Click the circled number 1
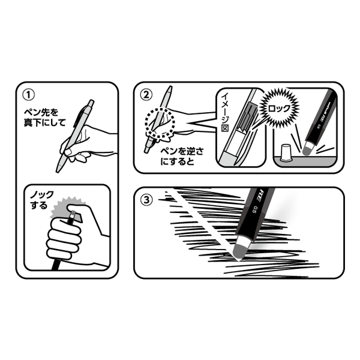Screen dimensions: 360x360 pos(28,95)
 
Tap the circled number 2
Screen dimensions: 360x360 pos(146,95)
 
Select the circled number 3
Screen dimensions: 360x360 pos(146,200)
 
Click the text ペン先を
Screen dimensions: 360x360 pos(41,112)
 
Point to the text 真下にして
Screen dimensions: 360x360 pos(45,122)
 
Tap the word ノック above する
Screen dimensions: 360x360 pos(42,195)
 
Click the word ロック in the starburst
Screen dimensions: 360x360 pos(279,108)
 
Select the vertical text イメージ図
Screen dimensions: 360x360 pos(225,112)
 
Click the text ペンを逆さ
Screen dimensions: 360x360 pos(182,151)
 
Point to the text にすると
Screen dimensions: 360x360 pos(177,161)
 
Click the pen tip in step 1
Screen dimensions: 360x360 pos(58,171)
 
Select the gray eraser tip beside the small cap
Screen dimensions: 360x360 pos(308,149)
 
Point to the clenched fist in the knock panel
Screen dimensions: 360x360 pos(64,239)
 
